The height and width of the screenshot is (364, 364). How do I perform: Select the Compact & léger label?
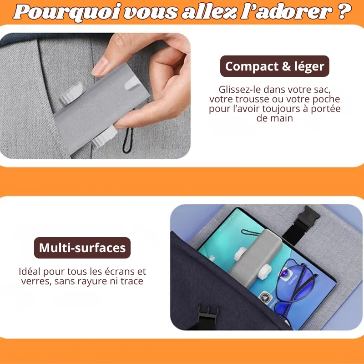(x=275, y=66)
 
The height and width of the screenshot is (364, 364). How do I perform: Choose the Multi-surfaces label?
(x=82, y=248)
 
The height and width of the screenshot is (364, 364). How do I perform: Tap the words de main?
(x=275, y=118)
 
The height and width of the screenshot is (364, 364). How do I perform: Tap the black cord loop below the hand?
(x=128, y=141)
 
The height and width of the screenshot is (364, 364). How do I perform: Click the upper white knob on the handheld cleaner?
(x=71, y=93)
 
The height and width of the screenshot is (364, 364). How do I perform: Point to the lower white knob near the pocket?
(x=104, y=136)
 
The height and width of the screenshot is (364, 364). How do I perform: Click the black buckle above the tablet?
(x=301, y=225)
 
